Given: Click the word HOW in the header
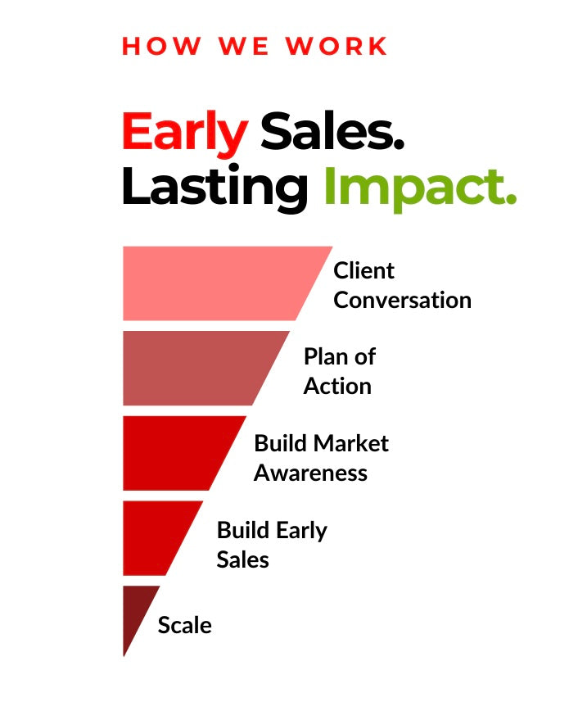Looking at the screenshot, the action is click(161, 46).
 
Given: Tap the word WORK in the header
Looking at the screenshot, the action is click(336, 46).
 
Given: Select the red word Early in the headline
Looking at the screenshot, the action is click(185, 134).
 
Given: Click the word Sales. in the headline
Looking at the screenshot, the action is click(332, 131).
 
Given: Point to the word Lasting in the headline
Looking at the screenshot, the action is click(214, 188).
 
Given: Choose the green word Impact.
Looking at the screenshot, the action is click(420, 188).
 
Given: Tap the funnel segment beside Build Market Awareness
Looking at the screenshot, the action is click(178, 453).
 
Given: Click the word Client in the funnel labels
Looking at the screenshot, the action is click(364, 271).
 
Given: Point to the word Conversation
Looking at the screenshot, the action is click(403, 300).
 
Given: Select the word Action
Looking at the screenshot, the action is click(338, 386).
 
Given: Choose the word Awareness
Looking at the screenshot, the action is click(311, 473).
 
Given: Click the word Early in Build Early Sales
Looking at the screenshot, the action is click(301, 531).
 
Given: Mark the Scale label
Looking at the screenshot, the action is click(185, 625).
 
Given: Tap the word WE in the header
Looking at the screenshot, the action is click(244, 46).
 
